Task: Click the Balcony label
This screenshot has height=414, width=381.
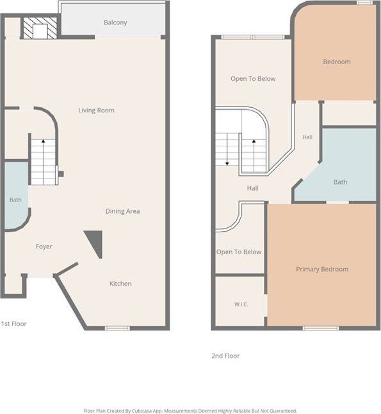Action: [x=115, y=22]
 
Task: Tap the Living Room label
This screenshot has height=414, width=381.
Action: [x=96, y=110]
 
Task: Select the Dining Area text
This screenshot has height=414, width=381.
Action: [x=122, y=211]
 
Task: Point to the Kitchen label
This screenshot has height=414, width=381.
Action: [x=120, y=284]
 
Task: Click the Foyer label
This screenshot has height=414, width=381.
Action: [x=44, y=246]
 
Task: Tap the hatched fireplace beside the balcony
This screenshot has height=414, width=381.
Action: [x=39, y=28]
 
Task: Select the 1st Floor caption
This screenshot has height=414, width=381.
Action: [x=13, y=323]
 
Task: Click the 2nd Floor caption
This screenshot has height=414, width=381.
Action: [x=225, y=356]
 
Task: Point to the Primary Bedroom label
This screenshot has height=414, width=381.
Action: [x=322, y=270]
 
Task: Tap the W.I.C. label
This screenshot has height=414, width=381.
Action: [x=241, y=304]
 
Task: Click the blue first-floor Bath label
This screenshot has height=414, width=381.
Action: [x=15, y=200]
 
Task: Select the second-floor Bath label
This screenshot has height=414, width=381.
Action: [x=340, y=182]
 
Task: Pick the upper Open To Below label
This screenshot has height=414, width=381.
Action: [x=253, y=79]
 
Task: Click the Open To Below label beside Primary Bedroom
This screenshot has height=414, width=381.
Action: [x=239, y=252]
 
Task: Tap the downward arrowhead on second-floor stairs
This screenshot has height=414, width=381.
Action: [x=227, y=164]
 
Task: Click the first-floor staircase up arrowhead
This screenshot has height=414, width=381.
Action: [x=43, y=141]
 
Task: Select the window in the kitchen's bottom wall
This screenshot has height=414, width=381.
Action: [x=117, y=328]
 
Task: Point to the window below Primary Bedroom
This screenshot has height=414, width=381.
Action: [x=321, y=328]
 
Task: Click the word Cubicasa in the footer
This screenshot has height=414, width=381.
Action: [x=142, y=411]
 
